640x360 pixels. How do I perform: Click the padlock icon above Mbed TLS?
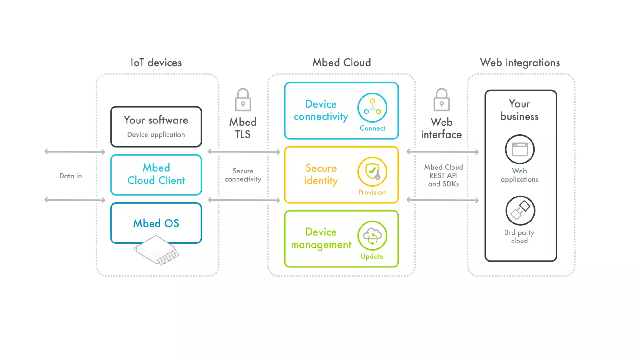point(243,100)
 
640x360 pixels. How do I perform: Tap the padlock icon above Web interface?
point(442,100)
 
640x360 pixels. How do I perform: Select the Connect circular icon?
point(372,107)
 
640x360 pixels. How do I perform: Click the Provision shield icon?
point(372,172)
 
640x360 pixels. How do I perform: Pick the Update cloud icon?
point(372,236)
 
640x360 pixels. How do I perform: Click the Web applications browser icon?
point(520,149)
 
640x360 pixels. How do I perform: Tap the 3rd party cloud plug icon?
point(520,211)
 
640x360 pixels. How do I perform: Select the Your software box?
point(156,127)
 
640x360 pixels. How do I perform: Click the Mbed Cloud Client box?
point(156,174)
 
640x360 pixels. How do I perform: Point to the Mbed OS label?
point(156,223)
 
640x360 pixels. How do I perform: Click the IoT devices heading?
point(156,62)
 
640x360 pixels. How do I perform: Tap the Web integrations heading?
point(520,62)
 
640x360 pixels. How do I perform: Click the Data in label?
point(71,176)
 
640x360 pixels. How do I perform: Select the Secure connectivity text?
point(243,175)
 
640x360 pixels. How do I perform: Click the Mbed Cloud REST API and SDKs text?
point(443,176)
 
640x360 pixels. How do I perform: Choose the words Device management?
point(321,238)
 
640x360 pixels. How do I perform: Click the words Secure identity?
point(321,174)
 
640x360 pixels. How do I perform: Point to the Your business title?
point(519,110)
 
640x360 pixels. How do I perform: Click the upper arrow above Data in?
point(75,152)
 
